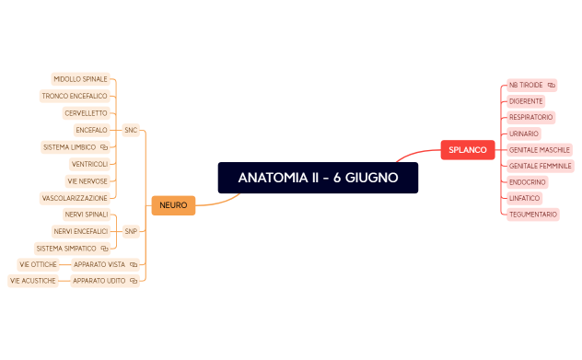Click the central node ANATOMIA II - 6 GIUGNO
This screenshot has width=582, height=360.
318,178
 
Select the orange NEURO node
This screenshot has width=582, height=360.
173,204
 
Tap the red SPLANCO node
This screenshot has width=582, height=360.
468,149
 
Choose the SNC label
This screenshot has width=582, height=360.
131,130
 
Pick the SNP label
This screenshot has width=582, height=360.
131,231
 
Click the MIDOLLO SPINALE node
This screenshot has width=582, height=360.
80,79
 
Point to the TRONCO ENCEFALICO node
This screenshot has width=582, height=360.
75,96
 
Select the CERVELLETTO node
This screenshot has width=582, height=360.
86,113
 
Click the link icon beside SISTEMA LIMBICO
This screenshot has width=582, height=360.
104,147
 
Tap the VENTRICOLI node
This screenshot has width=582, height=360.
89,164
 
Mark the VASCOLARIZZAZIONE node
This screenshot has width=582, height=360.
75,198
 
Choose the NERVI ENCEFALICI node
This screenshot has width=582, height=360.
80,231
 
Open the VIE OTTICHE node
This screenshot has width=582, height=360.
38,264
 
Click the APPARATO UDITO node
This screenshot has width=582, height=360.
99,280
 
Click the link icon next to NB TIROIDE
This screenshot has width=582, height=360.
551,85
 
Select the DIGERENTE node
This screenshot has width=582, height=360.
526,100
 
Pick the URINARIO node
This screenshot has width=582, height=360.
524,134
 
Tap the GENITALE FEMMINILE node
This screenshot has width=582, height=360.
541,166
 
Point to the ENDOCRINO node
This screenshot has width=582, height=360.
527,182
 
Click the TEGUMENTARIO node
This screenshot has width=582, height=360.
533,214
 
